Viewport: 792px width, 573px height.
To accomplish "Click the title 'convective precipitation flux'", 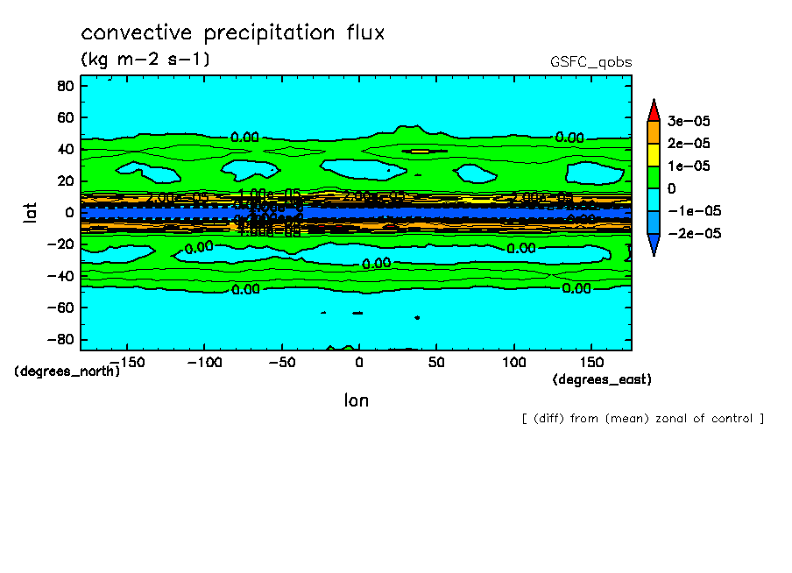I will pos(232,33).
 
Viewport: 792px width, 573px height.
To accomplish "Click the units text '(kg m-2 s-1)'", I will pos(145,60).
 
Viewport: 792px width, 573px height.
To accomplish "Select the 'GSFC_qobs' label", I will pos(590,62).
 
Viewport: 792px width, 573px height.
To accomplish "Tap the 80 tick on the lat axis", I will pos(64,86).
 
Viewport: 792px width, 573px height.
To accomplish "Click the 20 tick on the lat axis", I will pos(64,180).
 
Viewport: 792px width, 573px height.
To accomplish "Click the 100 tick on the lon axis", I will pos(514,361).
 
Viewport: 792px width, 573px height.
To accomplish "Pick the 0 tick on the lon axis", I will pos(358,361).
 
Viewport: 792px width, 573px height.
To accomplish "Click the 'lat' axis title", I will pos(29,211).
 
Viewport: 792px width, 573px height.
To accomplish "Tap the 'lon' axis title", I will pos(356,400).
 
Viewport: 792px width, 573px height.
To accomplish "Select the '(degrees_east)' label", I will pos(602,379).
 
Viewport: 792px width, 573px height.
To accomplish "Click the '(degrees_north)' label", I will pos(67,371).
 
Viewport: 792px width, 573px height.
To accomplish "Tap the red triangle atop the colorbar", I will pos(653,110).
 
